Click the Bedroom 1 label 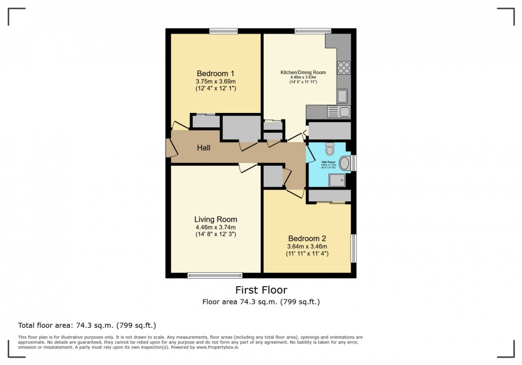point(215,73)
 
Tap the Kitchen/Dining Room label point(303,72)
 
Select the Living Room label point(215,219)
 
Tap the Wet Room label point(331,161)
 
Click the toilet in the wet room point(329,148)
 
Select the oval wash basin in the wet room point(345,164)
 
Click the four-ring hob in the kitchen point(344,68)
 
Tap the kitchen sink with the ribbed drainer point(339,111)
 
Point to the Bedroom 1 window point(223,31)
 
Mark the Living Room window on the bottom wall point(215,275)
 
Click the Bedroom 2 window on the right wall point(353,248)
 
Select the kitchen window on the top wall point(313,31)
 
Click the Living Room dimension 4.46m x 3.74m point(215,227)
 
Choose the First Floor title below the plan point(261,290)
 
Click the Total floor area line point(87,325)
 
